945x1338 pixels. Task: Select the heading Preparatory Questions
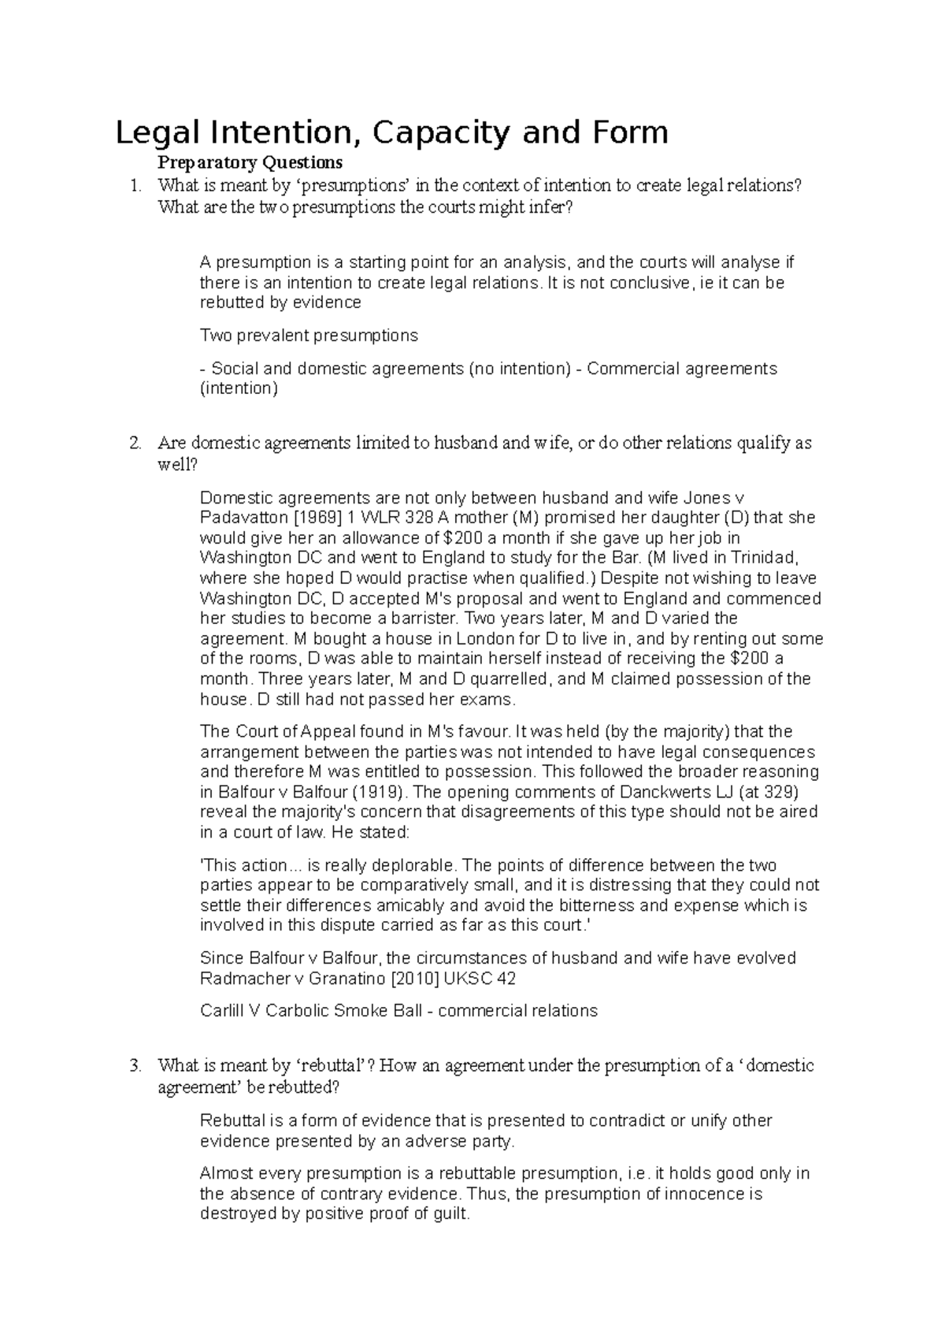pyautogui.click(x=250, y=163)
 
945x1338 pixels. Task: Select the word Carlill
pyautogui.click(x=222, y=1011)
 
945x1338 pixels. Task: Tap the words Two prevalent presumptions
pyautogui.click(x=309, y=336)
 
